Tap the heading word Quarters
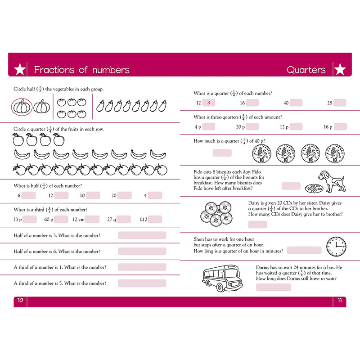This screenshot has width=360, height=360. (x=306, y=70)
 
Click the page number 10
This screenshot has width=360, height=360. (x=20, y=301)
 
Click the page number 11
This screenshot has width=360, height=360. (x=340, y=301)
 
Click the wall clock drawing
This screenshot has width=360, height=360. (x=336, y=246)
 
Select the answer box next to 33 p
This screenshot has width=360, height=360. (x=30, y=220)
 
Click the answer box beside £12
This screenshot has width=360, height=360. (x=155, y=220)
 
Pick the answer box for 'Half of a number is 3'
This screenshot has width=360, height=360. (x=142, y=235)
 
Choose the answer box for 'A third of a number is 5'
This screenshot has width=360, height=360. (x=142, y=283)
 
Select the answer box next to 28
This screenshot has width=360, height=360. (x=340, y=103)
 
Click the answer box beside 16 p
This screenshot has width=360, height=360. (x=340, y=127)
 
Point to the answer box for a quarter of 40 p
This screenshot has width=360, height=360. (x=222, y=153)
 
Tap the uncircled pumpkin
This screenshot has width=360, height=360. (x=42, y=107)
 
